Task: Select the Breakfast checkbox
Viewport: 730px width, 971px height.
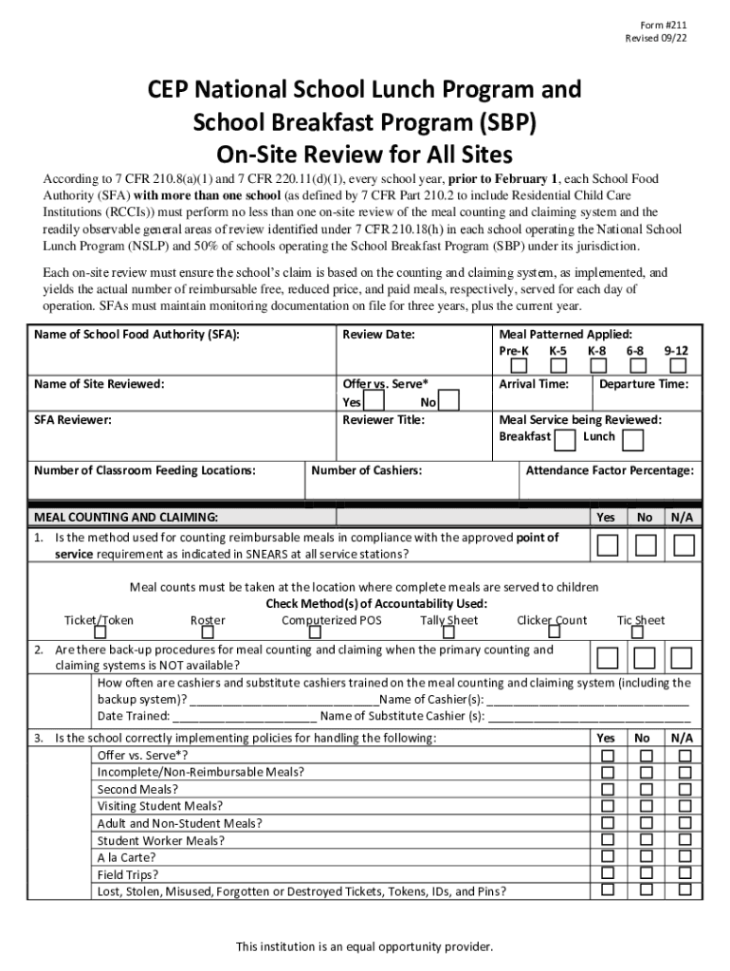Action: pos(564,439)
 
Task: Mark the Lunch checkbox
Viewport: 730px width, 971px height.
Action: pos(633,439)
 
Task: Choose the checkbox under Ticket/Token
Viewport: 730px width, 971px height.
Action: pos(100,632)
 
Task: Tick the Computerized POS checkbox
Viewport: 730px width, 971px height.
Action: pos(332,632)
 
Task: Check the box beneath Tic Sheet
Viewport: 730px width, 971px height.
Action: pos(637,632)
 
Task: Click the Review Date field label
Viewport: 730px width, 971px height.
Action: pos(378,335)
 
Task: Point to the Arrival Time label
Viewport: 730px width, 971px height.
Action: pos(534,384)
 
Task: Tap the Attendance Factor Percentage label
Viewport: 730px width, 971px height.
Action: pos(610,470)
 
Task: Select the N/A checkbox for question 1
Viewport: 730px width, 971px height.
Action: pos(684,545)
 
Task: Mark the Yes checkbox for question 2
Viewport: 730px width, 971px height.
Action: pos(608,658)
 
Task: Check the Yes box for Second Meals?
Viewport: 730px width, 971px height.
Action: pos(608,789)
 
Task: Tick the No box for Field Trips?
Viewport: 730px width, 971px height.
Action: pos(646,874)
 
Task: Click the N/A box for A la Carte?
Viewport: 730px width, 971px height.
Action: pos(684,857)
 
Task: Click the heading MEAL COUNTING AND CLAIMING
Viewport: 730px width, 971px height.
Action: pos(126,517)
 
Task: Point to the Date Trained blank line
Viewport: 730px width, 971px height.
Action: pos(245,717)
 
